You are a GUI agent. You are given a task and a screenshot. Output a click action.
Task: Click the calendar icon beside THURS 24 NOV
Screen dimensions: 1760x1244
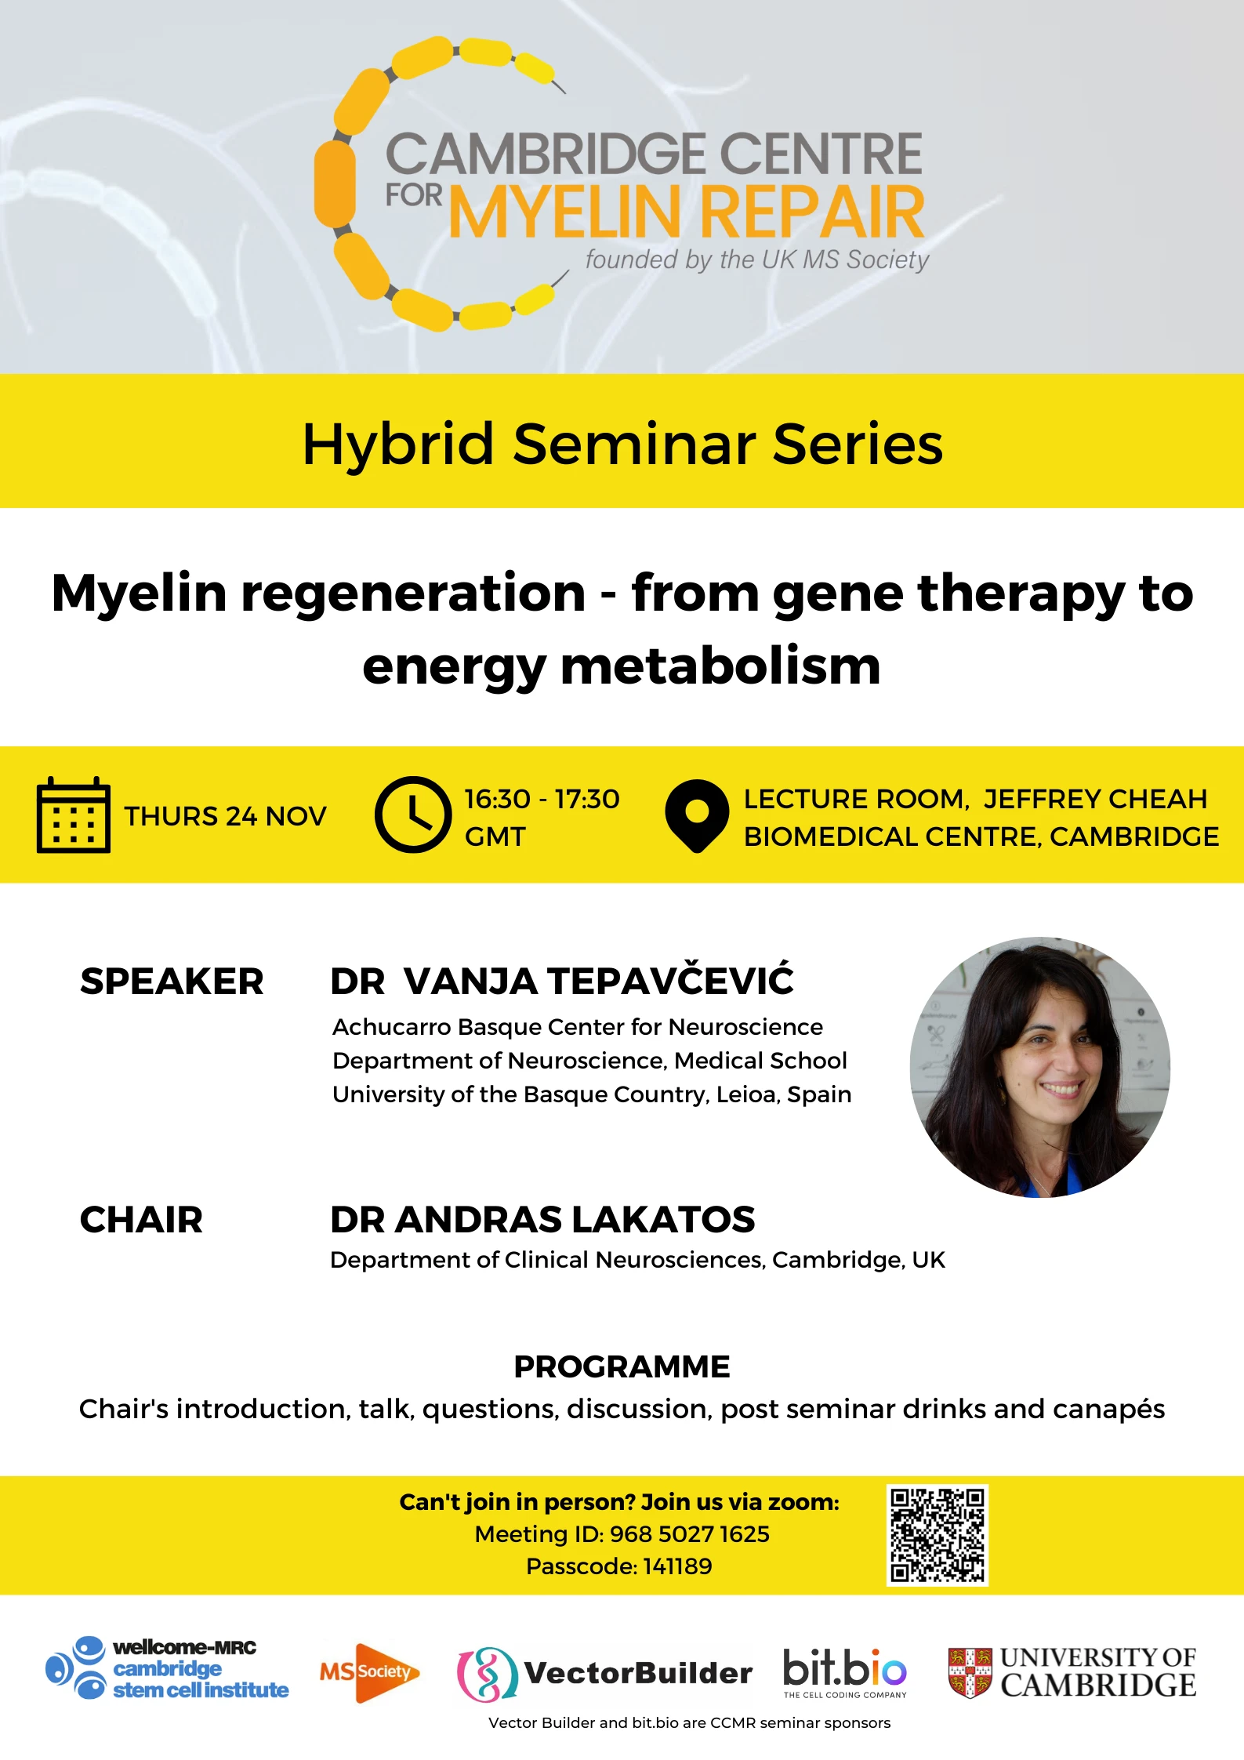coord(74,815)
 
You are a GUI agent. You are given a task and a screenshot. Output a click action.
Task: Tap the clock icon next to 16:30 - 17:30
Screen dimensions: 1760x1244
coord(412,815)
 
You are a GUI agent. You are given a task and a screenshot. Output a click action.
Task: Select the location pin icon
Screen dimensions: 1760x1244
coord(697,815)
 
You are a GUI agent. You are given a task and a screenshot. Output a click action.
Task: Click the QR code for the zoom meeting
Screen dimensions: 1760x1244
coord(937,1534)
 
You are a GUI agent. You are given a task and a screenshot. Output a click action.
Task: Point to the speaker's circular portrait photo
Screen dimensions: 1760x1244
coord(1039,1067)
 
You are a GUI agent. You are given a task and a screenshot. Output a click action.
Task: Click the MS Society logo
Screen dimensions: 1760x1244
coord(369,1672)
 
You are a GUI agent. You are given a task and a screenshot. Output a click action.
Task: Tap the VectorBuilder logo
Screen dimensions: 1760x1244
coord(604,1673)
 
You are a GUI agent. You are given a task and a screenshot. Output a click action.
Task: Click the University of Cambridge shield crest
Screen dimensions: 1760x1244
coord(970,1672)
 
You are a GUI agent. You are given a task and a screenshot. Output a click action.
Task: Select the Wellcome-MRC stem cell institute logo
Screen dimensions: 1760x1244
coord(167,1668)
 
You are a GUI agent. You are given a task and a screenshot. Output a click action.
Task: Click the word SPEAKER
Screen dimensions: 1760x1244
coord(172,982)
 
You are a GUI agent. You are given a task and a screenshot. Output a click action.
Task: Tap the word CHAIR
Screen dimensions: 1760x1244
coord(141,1220)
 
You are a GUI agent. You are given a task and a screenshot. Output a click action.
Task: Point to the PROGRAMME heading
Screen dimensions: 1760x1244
coord(622,1366)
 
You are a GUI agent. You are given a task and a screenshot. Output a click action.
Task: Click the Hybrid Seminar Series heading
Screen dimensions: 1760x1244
coord(622,444)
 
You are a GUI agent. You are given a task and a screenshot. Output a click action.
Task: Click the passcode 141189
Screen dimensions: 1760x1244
coord(677,1566)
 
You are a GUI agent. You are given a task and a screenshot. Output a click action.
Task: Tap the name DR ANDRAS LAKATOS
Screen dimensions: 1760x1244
coord(542,1220)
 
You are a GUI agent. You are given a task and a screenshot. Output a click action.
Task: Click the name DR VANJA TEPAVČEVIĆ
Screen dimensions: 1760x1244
coord(561,981)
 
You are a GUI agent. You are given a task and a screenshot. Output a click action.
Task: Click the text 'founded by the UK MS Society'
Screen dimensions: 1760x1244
coord(756,259)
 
